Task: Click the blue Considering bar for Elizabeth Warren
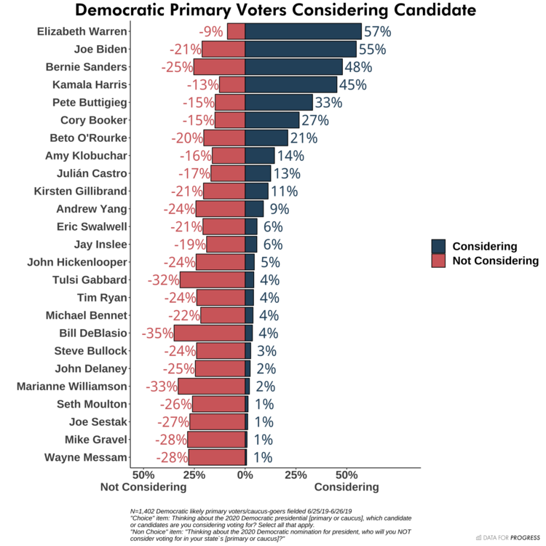point(303,31)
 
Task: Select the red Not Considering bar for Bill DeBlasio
point(210,333)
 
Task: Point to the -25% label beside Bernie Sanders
point(177,67)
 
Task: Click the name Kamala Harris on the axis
point(90,84)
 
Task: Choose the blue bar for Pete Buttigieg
point(279,102)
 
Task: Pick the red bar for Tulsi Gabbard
point(213,280)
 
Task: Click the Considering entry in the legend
point(485,246)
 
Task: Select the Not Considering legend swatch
point(438,261)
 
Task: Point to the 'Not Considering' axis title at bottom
point(143,487)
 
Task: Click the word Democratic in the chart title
point(128,11)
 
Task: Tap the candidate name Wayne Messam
point(86,458)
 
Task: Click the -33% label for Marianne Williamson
point(162,387)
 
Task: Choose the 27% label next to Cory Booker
point(316,120)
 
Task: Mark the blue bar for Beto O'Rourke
point(266,138)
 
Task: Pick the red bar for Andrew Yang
point(218,209)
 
